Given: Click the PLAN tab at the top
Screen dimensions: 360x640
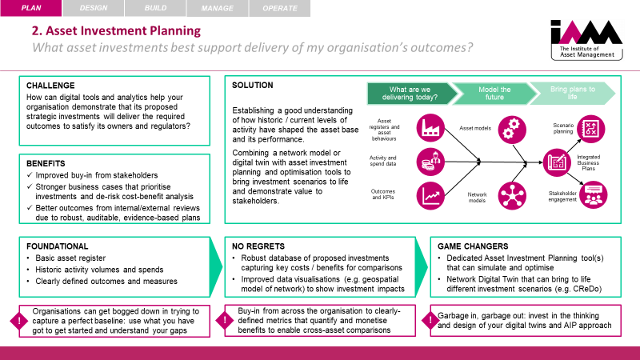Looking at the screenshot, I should click(30, 9).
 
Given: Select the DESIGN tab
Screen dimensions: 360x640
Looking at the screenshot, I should click(92, 9).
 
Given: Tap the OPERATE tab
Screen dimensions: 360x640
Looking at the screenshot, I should click(280, 9).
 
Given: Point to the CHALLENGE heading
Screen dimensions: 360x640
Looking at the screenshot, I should click(51, 86).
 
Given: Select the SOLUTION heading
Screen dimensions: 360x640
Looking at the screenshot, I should click(253, 86).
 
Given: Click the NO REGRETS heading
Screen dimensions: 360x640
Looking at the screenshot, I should click(257, 247).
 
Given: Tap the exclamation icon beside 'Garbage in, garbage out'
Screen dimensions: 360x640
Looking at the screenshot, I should click(436, 320).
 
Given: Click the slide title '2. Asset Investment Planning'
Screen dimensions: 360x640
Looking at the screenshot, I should click(115, 32).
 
